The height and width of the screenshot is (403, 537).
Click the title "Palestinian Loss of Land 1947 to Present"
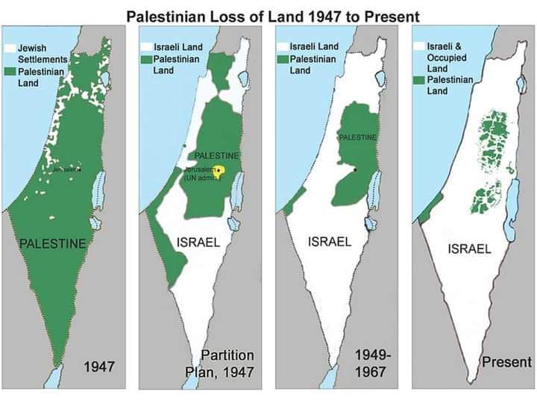(271, 15)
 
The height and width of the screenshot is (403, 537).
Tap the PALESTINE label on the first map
(53, 243)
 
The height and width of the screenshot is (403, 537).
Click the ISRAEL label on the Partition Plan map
(197, 241)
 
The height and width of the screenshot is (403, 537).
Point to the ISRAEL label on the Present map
(469, 249)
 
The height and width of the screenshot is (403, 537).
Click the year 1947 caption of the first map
(98, 366)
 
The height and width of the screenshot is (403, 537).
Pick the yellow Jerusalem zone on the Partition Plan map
(219, 170)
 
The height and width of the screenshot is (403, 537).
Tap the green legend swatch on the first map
(10, 72)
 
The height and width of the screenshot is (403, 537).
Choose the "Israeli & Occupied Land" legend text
(447, 57)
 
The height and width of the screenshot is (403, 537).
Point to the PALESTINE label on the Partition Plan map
(216, 155)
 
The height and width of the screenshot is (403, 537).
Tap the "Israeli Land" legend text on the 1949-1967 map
(313, 46)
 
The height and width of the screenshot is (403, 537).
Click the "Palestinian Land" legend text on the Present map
(452, 85)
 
